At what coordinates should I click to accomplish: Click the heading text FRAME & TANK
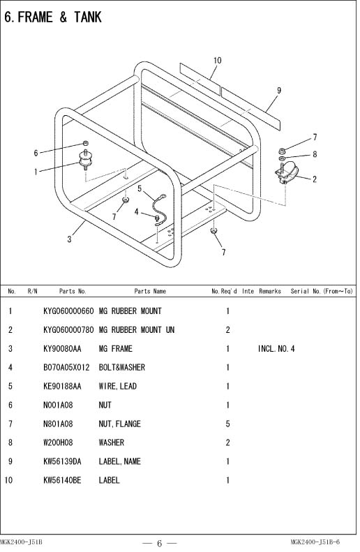[x=59, y=17]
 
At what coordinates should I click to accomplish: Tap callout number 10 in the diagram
[x=217, y=61]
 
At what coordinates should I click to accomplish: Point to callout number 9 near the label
[x=279, y=91]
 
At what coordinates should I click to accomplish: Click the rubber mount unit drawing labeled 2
[x=287, y=173]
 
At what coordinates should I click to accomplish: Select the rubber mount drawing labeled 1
[x=85, y=161]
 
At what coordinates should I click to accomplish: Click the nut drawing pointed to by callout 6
[x=85, y=143]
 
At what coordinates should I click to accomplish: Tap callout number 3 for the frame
[x=69, y=239]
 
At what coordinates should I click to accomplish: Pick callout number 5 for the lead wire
[x=140, y=188]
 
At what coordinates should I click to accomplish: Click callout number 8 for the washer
[x=315, y=154]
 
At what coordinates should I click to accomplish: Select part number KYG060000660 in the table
[x=68, y=311]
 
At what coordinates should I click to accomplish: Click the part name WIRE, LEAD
[x=117, y=386]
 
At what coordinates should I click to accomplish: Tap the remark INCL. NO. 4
[x=276, y=349]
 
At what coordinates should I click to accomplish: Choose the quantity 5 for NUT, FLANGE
[x=227, y=424]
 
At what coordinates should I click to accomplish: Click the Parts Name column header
[x=150, y=291]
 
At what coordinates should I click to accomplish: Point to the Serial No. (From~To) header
[x=322, y=291]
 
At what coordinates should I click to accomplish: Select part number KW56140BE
[x=62, y=480]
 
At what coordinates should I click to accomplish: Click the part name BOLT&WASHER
[x=122, y=368]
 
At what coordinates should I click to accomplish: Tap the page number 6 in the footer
[x=159, y=544]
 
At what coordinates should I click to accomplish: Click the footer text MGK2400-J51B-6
[x=315, y=542]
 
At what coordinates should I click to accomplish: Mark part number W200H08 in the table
[x=58, y=442]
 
